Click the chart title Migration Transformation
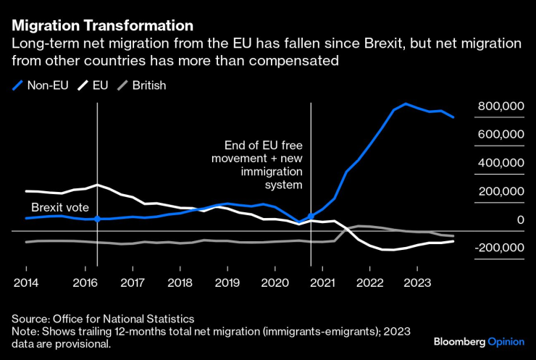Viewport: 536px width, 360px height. click(x=102, y=28)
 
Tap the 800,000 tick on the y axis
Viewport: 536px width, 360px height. click(x=500, y=106)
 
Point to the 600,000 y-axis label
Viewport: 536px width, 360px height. click(x=500, y=135)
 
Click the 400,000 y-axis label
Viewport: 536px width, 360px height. click(x=500, y=163)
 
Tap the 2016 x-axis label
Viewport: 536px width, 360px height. click(x=85, y=282)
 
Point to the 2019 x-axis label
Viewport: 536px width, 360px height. click(x=227, y=282)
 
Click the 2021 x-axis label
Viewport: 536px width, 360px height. click(x=322, y=282)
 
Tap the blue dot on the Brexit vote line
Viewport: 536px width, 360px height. click(x=97, y=218)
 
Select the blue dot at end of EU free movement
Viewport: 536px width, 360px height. click(x=311, y=217)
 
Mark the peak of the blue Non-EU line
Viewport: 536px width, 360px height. click(x=406, y=104)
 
